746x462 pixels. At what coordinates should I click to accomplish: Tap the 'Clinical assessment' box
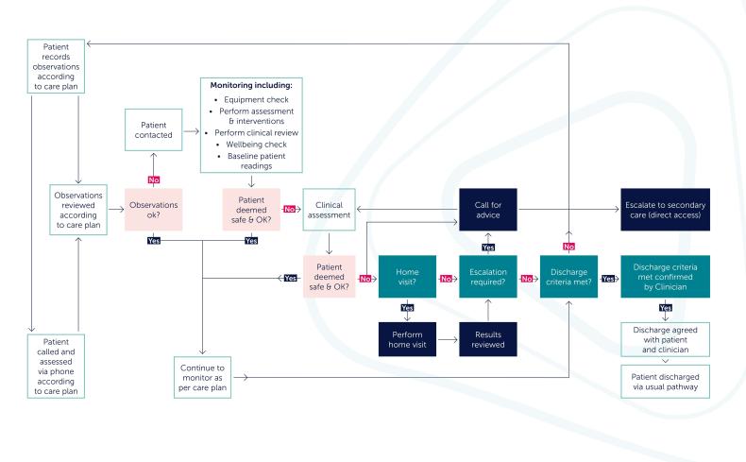pyautogui.click(x=329, y=209)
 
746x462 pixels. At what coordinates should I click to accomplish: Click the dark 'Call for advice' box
pyautogui.click(x=487, y=209)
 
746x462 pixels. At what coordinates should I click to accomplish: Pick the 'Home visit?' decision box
pyautogui.click(x=406, y=279)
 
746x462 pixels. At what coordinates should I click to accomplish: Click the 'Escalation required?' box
pyautogui.click(x=487, y=279)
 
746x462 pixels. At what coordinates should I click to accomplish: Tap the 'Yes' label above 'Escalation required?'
pyautogui.click(x=487, y=247)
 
